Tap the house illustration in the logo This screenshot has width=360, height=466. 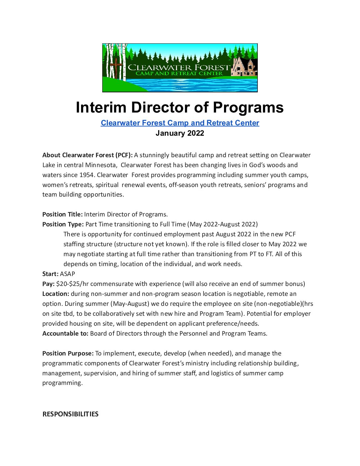point(244,67)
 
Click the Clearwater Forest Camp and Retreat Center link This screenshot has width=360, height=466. point(180,123)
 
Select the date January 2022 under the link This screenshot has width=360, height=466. point(180,133)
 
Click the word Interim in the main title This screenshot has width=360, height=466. point(101,107)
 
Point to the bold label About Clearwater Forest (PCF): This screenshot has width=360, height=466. point(87,155)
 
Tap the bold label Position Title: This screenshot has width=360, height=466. point(63,214)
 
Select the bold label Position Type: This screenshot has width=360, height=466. point(63,224)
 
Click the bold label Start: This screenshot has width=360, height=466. point(50,274)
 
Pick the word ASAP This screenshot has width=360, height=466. point(67,274)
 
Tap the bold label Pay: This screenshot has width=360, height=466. point(48,284)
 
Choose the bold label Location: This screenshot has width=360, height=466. point(56,294)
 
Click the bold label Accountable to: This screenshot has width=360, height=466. point(65,333)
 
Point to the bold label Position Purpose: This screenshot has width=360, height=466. point(68,353)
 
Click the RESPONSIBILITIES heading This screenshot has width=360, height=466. point(70,414)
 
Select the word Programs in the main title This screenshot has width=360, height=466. point(248,107)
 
